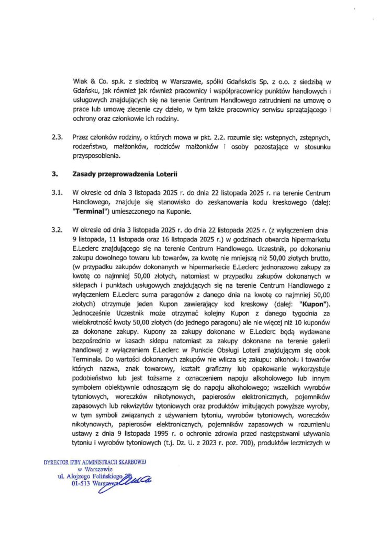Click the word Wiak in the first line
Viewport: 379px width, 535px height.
[81, 82]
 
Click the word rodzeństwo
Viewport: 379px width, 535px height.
[93, 147]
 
